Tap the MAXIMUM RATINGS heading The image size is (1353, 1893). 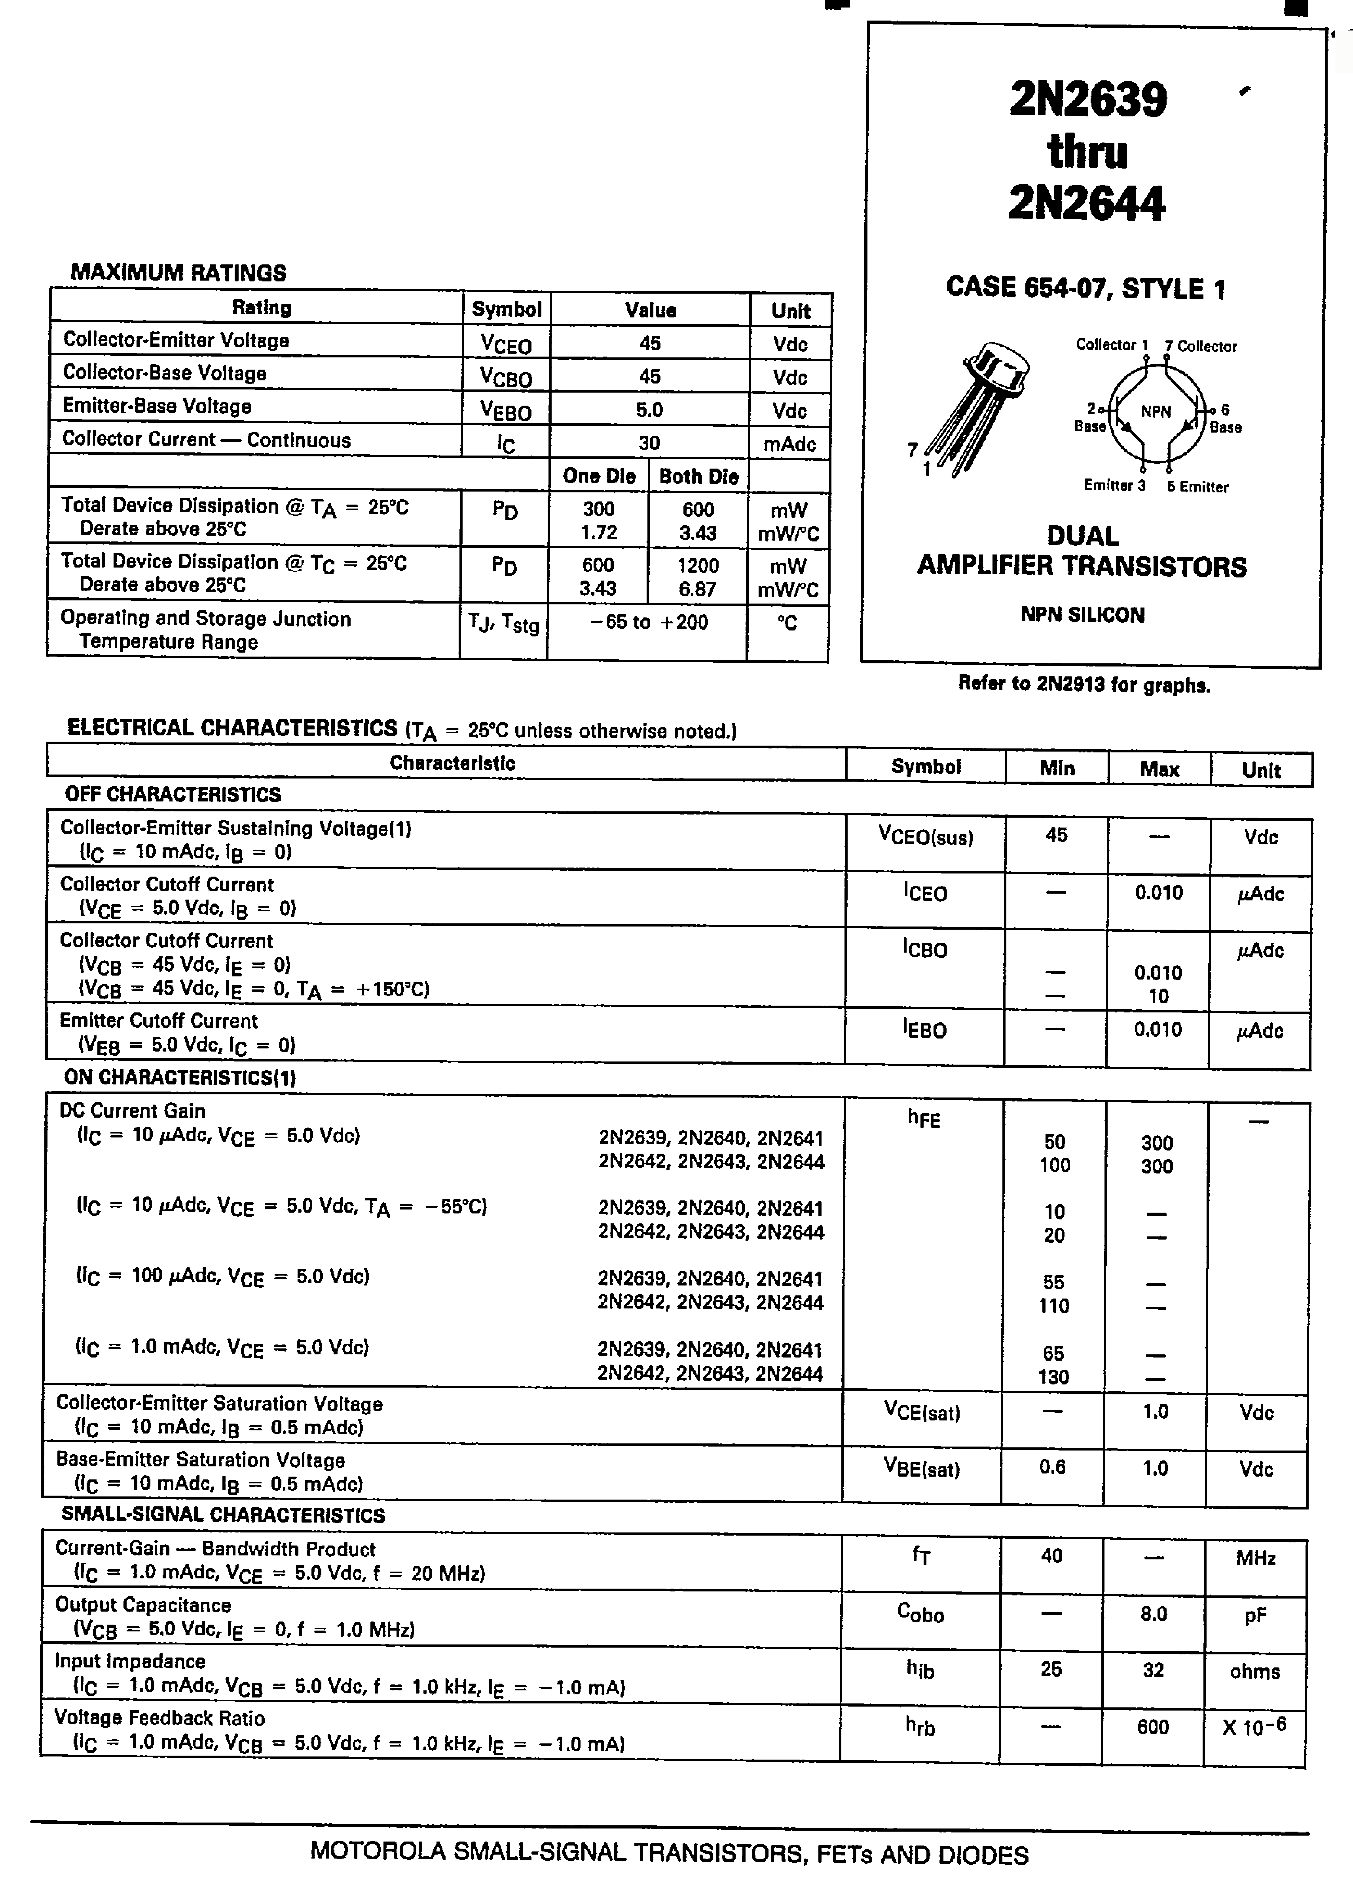click(x=178, y=272)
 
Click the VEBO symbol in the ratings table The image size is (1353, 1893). click(x=506, y=410)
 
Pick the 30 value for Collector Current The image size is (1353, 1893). click(x=649, y=443)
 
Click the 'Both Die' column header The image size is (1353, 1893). click(x=698, y=477)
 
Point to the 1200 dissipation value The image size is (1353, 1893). click(x=697, y=566)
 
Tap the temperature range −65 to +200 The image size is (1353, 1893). click(x=648, y=622)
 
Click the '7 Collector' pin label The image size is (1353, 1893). click(x=1201, y=346)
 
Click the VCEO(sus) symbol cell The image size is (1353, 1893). click(x=926, y=837)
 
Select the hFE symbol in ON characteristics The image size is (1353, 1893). click(x=924, y=1119)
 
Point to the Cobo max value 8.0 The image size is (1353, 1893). click(x=1154, y=1614)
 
